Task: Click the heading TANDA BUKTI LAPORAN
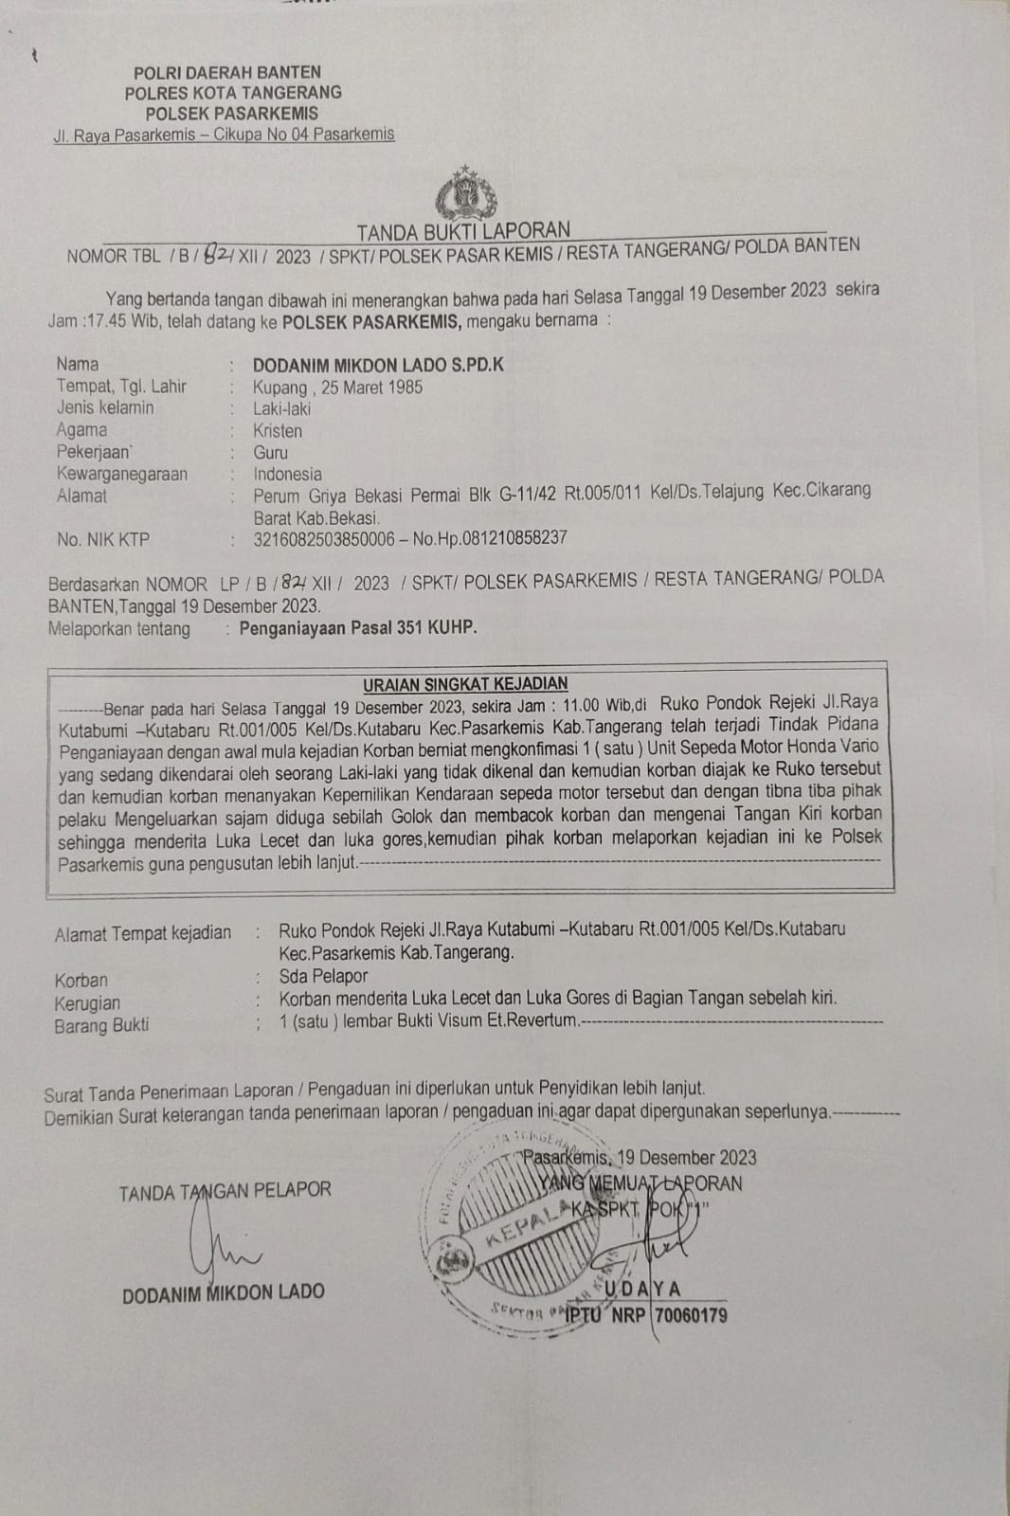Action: [x=463, y=230]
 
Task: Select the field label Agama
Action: [x=81, y=430]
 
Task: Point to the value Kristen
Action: [x=278, y=431]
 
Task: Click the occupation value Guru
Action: [x=270, y=453]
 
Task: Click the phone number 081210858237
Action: [x=515, y=537]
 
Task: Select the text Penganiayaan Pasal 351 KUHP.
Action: [x=358, y=627]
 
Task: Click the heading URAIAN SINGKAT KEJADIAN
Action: [x=465, y=683]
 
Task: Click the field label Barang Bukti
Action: [x=101, y=1025]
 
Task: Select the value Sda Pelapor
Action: [x=323, y=976]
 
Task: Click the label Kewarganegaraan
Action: [x=121, y=474]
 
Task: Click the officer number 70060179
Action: [x=691, y=1315]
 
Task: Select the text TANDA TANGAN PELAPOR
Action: [x=225, y=1191]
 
